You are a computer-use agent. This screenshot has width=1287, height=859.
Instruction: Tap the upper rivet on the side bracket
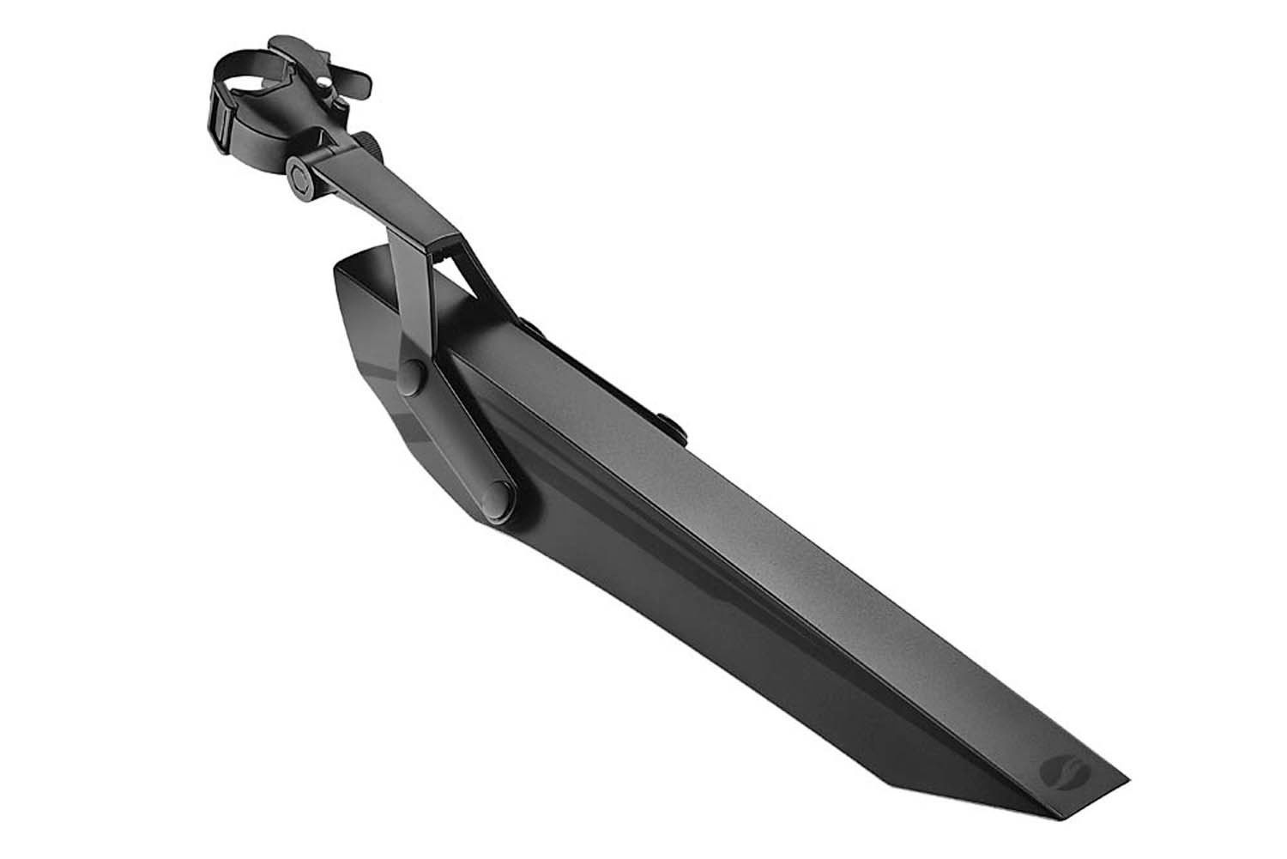tap(413, 375)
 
